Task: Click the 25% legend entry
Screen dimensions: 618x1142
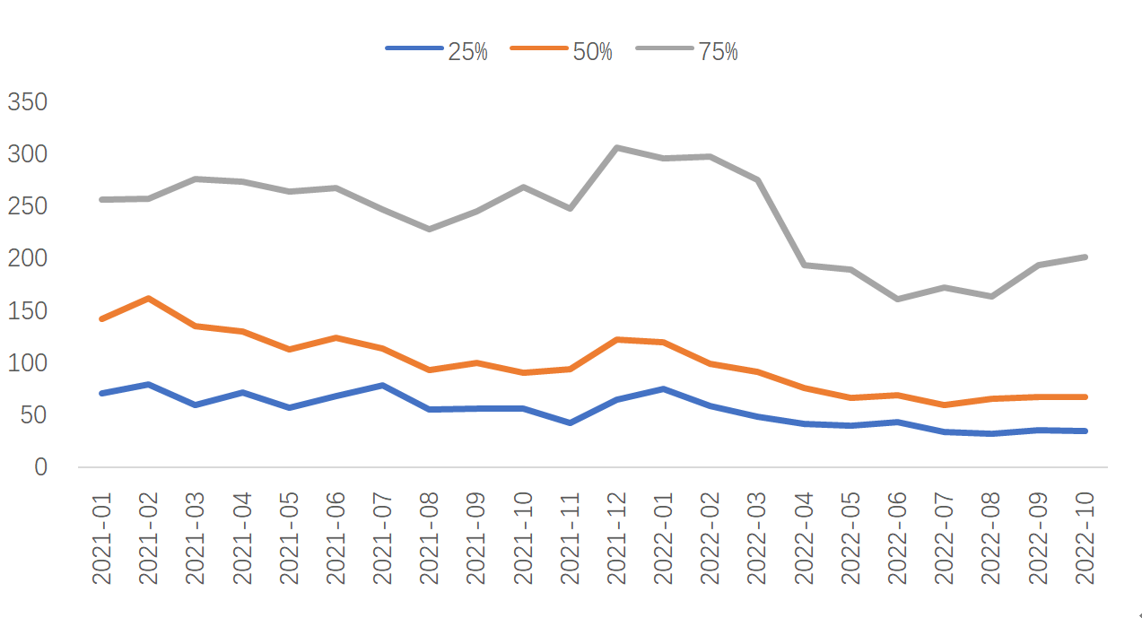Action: (x=437, y=51)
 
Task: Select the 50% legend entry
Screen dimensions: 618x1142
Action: (x=562, y=51)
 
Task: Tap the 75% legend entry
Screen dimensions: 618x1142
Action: (x=687, y=51)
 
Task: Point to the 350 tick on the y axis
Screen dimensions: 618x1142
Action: (x=27, y=102)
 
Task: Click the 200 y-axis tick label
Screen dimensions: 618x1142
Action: (x=27, y=258)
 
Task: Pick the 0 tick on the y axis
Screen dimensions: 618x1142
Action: (x=39, y=466)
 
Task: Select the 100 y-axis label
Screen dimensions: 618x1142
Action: (x=27, y=363)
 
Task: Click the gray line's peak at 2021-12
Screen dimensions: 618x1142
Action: (x=617, y=147)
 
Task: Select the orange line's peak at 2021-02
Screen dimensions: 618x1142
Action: (x=148, y=298)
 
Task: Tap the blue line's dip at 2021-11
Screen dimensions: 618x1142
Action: (x=570, y=422)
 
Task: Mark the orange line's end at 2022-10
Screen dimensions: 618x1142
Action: (x=1085, y=396)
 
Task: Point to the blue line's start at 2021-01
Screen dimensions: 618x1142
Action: (x=101, y=393)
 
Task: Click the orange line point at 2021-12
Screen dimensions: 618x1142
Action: (x=617, y=339)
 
